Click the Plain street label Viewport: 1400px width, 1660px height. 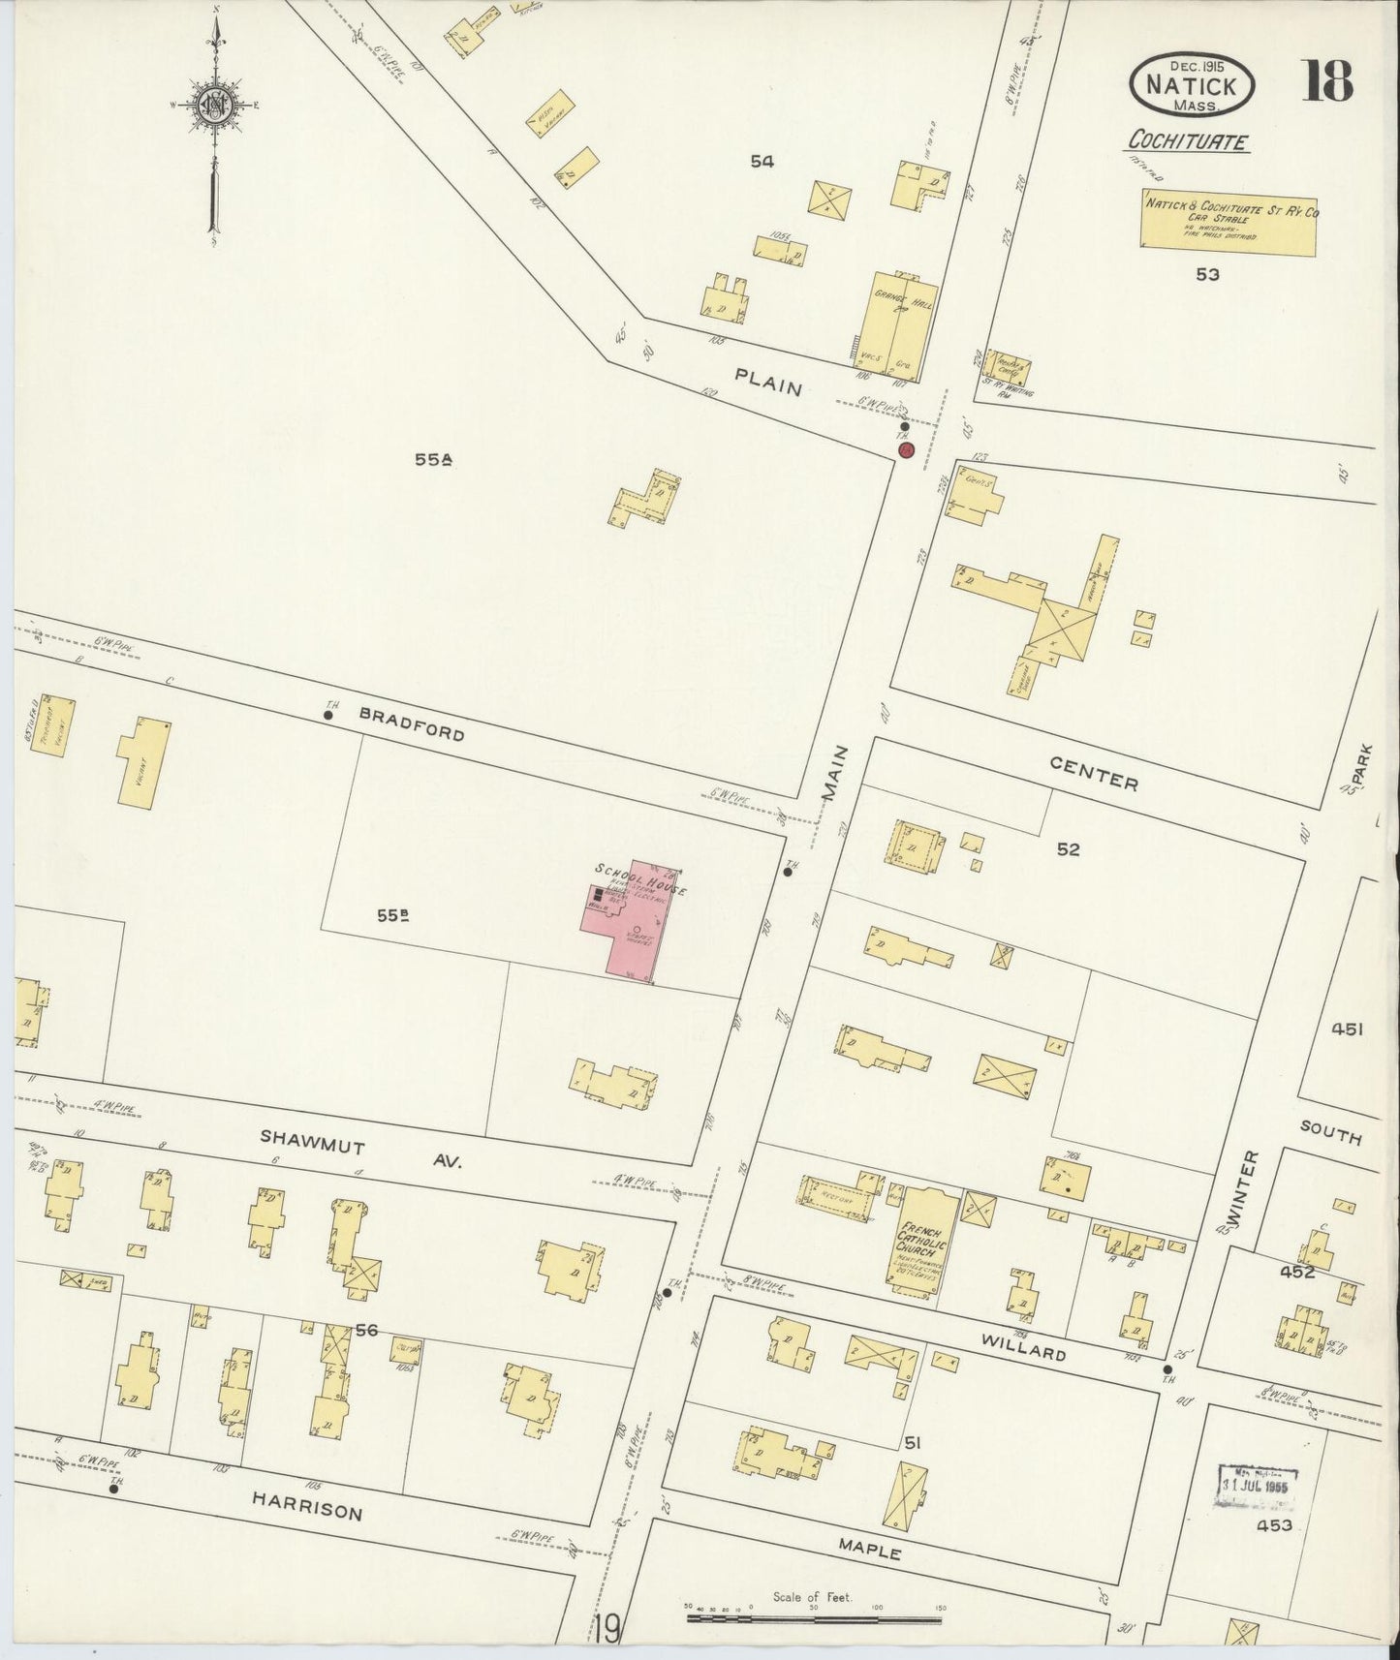(x=768, y=385)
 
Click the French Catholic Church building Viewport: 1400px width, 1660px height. (x=924, y=1239)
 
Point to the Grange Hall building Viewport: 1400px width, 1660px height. (x=901, y=330)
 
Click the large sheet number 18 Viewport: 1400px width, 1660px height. (x=1326, y=80)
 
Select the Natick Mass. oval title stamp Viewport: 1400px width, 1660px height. (x=1195, y=82)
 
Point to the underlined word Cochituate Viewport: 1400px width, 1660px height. (x=1187, y=142)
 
